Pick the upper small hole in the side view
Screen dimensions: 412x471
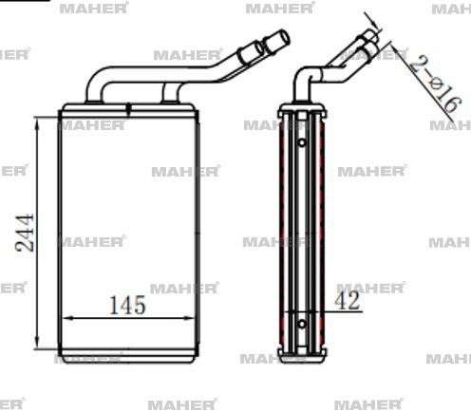[x=301, y=143]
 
